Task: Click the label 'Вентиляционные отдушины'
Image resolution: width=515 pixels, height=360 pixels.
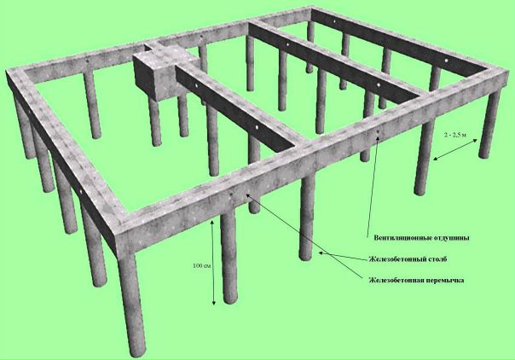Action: pos(421,238)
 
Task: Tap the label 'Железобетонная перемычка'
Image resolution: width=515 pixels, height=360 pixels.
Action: pos(416,281)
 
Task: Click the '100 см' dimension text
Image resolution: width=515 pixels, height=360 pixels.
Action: pos(202,265)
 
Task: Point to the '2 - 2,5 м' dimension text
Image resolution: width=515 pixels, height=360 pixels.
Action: pos(455,135)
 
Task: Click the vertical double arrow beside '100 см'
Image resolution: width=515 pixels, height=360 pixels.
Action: pos(213,263)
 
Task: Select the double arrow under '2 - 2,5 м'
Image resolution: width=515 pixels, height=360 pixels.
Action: pos(455,149)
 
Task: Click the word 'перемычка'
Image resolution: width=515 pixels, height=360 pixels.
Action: pos(445,281)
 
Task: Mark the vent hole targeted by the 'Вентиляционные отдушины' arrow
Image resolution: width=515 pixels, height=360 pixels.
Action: pos(378,131)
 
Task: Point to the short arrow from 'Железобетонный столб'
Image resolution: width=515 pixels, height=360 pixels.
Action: pos(343,256)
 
